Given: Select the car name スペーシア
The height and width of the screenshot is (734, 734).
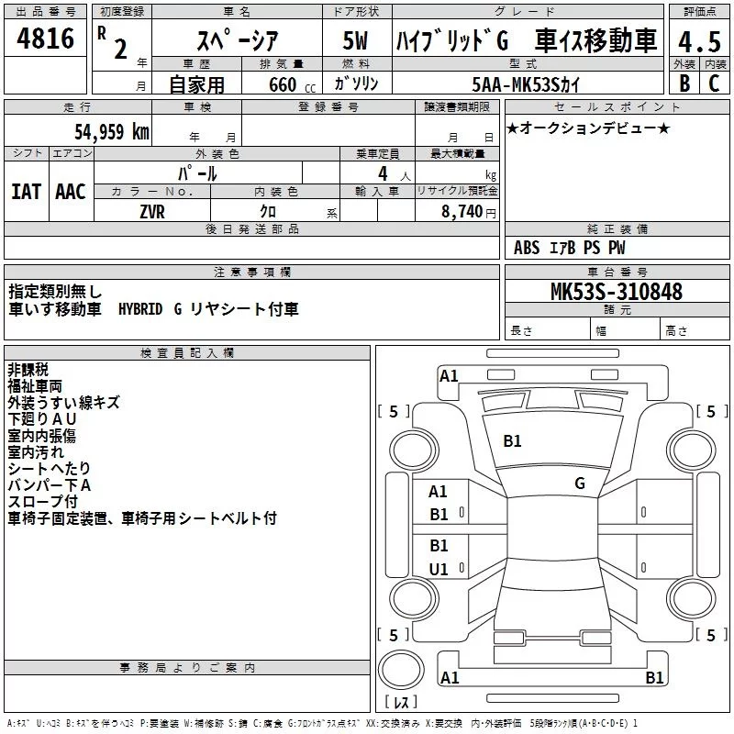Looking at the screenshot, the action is (238, 42).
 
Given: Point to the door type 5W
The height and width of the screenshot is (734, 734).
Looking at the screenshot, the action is (355, 42).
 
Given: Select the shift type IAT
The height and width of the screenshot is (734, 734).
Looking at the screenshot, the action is (26, 191).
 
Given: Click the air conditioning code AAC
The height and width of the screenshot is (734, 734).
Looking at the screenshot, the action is (70, 191).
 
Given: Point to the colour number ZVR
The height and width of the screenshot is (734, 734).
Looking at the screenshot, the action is (152, 211).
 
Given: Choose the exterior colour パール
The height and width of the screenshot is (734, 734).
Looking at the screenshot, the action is (197, 172).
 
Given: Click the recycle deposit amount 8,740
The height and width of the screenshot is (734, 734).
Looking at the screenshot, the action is (465, 211).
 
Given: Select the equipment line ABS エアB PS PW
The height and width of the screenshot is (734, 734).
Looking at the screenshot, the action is (570, 248).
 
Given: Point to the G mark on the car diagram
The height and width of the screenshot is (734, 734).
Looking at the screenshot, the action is (579, 483).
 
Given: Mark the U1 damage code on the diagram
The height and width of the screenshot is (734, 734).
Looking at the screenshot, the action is (439, 569).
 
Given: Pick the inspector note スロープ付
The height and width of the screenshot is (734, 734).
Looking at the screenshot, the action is (43, 502).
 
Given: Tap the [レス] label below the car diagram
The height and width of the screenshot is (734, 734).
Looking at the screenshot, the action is (401, 702).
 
